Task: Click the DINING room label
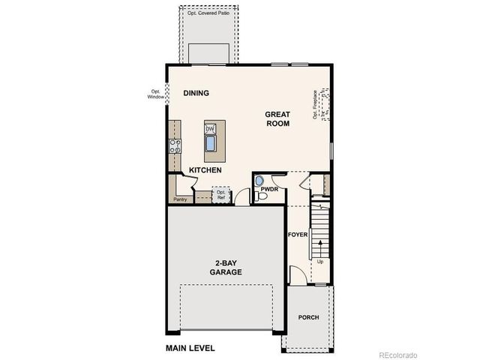click(196, 93)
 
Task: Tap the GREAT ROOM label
click(277, 119)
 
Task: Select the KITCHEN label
click(205, 170)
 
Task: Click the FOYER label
click(298, 235)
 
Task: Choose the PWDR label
click(270, 189)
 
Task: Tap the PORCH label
click(308, 317)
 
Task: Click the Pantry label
click(180, 199)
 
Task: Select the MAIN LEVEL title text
click(190, 348)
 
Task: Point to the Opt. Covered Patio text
click(208, 13)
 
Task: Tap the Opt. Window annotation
click(156, 94)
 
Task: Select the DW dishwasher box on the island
click(210, 128)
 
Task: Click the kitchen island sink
click(210, 142)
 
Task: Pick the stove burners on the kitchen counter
click(175, 145)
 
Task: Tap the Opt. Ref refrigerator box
click(221, 194)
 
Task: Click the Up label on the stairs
click(320, 262)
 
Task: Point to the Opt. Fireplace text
click(316, 105)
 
